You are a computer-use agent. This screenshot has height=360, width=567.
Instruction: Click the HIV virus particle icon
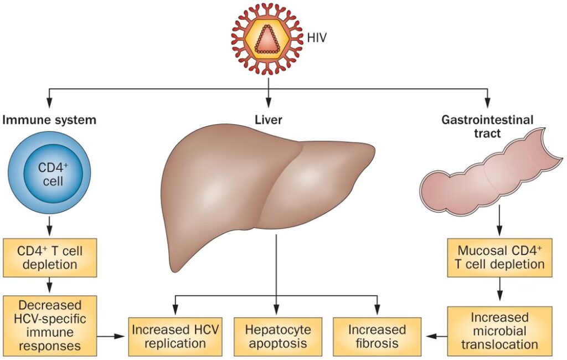268,39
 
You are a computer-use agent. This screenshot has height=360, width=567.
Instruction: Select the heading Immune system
49,119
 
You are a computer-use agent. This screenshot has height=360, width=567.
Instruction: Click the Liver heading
269,119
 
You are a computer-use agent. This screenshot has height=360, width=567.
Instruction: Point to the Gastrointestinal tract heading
488,126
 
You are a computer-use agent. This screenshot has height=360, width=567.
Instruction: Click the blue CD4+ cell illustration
50,174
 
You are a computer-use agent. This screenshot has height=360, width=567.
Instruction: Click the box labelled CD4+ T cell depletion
50,257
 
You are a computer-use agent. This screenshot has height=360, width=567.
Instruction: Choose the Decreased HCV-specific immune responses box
50,326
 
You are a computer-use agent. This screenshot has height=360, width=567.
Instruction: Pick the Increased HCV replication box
175,336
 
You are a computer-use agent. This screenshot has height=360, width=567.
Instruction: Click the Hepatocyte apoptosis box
277,336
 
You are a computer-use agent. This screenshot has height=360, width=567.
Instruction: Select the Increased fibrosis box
377,336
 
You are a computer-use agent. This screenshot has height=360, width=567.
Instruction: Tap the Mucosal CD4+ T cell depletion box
499,257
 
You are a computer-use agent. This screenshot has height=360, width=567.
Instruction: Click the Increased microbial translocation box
499,331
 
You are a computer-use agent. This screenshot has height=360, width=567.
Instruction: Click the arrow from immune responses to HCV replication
112,336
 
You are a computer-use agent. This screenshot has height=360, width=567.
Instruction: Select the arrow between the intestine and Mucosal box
499,221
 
